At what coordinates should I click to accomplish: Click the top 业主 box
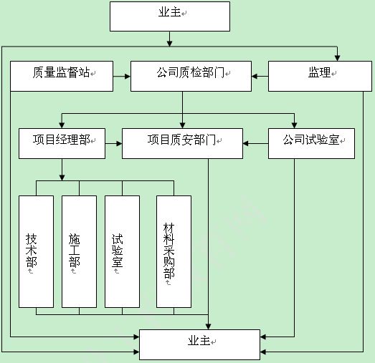[170, 16]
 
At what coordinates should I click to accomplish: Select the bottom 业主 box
[200, 344]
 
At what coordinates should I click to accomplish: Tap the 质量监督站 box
[62, 76]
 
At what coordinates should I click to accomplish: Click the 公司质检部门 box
[191, 76]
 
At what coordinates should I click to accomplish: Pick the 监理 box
[320, 76]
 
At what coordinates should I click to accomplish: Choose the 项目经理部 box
[62, 143]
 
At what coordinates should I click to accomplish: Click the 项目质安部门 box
[182, 143]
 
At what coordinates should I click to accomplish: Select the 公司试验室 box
[311, 143]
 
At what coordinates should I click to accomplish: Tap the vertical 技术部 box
[36, 252]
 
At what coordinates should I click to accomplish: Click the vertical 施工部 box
[79, 252]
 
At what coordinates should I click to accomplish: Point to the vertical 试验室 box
[122, 252]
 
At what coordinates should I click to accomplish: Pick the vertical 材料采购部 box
[174, 252]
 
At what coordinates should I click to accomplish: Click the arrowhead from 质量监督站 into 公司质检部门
[128, 77]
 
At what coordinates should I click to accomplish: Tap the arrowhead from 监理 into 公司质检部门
[255, 77]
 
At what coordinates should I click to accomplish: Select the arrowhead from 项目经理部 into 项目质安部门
[119, 143]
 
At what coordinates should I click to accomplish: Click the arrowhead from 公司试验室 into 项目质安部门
[246, 143]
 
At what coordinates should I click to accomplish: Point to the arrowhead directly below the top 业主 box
[169, 44]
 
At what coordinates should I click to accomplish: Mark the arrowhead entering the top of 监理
[337, 58]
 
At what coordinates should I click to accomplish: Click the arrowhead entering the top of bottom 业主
[209, 326]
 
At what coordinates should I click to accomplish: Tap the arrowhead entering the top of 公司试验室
[294, 125]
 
